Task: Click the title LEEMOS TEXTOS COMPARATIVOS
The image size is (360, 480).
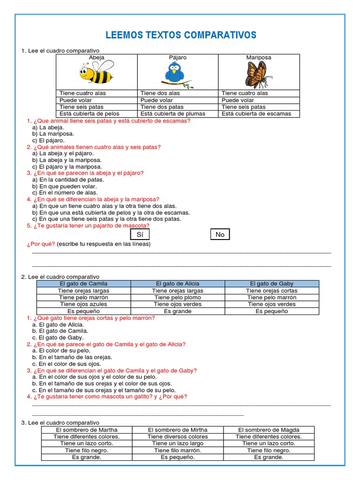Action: click(x=181, y=35)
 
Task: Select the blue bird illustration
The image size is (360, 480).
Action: click(x=177, y=75)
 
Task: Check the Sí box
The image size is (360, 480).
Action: click(x=140, y=234)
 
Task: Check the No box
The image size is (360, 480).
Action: click(x=220, y=234)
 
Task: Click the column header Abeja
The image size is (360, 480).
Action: click(x=97, y=58)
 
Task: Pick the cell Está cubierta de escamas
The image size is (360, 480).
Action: click(x=256, y=113)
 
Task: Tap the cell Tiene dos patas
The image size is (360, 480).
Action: click(x=162, y=107)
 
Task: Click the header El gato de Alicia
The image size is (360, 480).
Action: click(x=178, y=284)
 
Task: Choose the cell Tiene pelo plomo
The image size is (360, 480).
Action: click(x=178, y=297)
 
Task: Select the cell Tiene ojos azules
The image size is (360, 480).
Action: click(x=83, y=304)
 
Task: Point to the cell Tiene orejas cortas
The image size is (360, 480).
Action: click(x=272, y=291)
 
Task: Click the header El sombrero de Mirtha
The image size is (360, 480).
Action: click(x=178, y=430)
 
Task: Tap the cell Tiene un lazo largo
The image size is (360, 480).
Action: click(x=178, y=443)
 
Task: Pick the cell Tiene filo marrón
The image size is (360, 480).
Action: click(x=178, y=450)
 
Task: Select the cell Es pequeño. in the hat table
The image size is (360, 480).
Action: click(x=178, y=457)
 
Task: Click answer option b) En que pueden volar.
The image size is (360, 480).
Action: click(x=68, y=186)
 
